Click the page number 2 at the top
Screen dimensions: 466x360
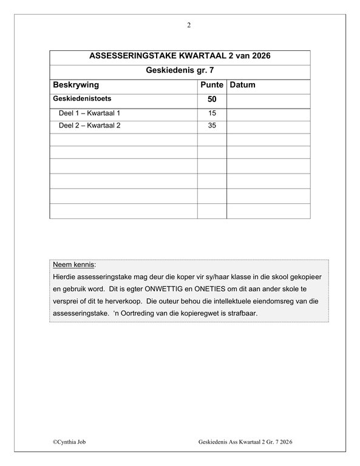click(x=189, y=25)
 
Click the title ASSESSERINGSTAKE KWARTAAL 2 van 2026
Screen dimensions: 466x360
click(x=180, y=56)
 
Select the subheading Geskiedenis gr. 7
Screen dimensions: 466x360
click(x=180, y=71)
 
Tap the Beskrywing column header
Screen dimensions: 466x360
click(x=76, y=85)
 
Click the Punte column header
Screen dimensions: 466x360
click(x=212, y=85)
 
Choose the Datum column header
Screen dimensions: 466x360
click(x=243, y=85)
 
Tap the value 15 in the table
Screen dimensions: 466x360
click(x=212, y=113)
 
